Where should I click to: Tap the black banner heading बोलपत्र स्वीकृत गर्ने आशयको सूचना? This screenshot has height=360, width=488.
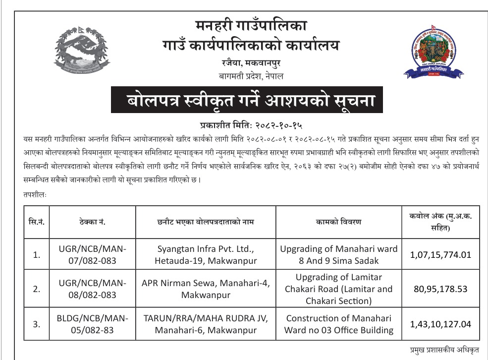[246, 101]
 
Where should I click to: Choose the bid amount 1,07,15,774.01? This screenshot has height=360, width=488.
[440, 254]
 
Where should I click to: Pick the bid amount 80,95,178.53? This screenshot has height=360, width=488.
[440, 289]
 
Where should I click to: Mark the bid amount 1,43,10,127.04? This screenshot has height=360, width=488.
[440, 324]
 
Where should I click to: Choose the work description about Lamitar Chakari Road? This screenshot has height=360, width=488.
[338, 289]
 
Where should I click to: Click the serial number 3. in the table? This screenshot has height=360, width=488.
[37, 324]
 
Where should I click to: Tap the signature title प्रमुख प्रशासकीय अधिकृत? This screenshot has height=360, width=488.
[444, 351]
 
